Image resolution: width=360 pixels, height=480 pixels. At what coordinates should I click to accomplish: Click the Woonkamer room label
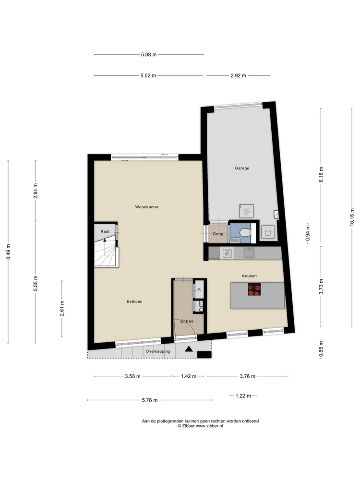[146, 207]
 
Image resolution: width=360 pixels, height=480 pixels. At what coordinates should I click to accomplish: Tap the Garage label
[242, 168]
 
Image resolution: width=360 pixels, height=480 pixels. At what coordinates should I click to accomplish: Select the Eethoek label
[134, 301]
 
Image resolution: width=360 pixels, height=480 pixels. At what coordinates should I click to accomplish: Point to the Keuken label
[249, 276]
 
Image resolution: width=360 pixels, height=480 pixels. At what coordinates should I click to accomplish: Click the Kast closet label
[105, 231]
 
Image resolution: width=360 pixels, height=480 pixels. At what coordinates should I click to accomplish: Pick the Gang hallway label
[218, 234]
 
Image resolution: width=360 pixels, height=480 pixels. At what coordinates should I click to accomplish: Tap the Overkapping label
[157, 351]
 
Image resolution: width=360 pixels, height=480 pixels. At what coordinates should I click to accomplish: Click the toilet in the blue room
[245, 233]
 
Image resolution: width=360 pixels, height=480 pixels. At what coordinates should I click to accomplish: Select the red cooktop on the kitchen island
[254, 289]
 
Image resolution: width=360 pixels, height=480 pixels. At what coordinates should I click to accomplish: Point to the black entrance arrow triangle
[189, 348]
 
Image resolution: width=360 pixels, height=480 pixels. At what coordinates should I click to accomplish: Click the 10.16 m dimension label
[352, 217]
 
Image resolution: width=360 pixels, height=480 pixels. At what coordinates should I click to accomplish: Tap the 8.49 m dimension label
[8, 252]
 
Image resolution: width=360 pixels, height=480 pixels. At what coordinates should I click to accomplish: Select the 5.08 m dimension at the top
[149, 55]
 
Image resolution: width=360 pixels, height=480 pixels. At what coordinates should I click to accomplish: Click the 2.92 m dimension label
[239, 76]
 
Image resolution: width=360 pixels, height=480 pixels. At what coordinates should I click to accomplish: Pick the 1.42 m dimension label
[189, 376]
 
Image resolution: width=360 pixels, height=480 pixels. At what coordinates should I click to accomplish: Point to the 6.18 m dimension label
[321, 175]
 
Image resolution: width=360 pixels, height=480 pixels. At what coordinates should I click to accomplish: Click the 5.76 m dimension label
[150, 400]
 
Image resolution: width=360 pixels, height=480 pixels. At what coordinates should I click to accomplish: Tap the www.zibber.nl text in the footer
[209, 426]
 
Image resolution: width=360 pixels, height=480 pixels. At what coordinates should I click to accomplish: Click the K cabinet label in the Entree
[200, 289]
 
